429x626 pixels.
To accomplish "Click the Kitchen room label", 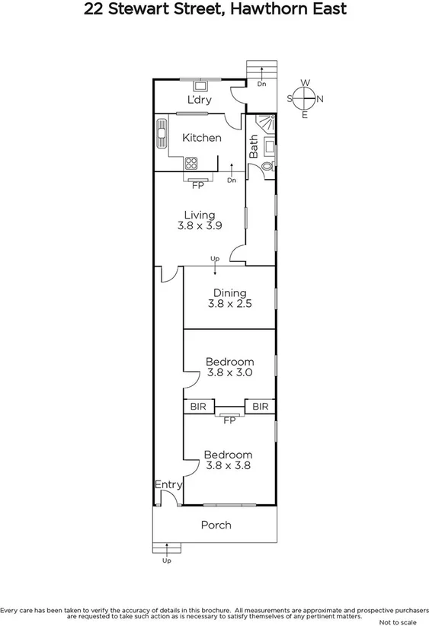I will click(x=202, y=138).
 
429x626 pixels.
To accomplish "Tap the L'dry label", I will click(x=199, y=100).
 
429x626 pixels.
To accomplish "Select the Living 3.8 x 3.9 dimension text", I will click(x=199, y=225).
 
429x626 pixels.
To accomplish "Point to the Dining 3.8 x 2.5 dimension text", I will click(x=229, y=303).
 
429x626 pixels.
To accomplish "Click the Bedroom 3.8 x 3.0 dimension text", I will click(x=229, y=373).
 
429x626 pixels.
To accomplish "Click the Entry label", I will click(x=168, y=484).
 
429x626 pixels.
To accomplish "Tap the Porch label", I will click(x=216, y=525).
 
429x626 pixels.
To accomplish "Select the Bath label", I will click(x=254, y=146).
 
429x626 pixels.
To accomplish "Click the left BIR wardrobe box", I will click(x=198, y=407).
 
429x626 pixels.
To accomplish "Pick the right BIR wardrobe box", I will click(x=260, y=407).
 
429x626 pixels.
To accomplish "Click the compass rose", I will click(x=305, y=98).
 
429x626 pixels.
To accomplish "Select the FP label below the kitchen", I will click(x=197, y=185).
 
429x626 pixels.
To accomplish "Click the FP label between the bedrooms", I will click(x=229, y=420).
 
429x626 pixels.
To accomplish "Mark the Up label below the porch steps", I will click(x=166, y=561).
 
